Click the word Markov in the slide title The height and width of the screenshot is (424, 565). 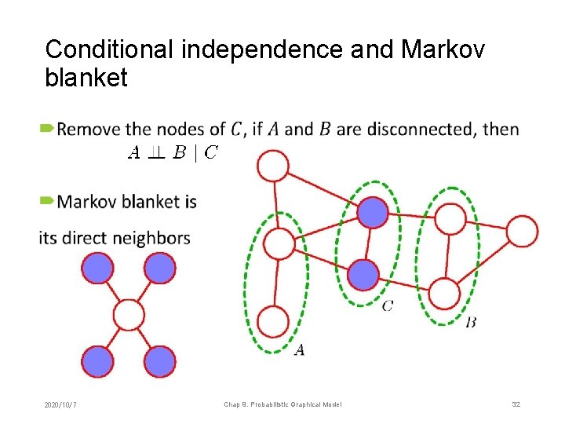[443, 49]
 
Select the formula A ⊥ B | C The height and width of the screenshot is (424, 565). [173, 153]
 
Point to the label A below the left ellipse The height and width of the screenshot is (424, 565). [299, 350]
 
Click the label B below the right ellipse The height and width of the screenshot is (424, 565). [471, 322]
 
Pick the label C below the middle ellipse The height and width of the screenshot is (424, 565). [388, 305]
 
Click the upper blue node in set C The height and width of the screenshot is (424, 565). [373, 212]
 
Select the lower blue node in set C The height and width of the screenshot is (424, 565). [363, 275]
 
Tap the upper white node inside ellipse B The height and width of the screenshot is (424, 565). [450, 218]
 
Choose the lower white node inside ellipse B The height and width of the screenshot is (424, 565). [444, 294]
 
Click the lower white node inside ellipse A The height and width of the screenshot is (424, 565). [273, 322]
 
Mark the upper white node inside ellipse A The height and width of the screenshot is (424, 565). [279, 243]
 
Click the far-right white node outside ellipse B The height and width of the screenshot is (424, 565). [522, 232]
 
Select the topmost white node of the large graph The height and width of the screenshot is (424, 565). [274, 166]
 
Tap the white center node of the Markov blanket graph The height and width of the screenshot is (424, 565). [129, 315]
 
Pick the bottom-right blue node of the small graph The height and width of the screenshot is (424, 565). [160, 362]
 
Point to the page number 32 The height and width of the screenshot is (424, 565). [516, 404]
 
